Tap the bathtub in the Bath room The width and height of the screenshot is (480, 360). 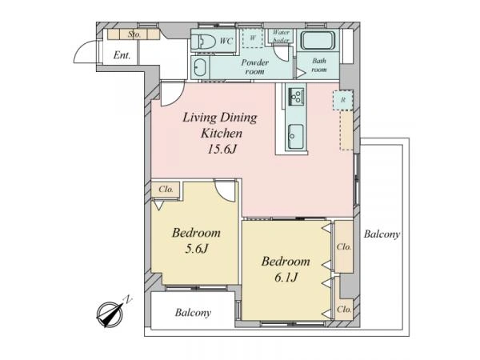[x=317, y=41]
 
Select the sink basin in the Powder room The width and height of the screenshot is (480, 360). [x=199, y=67]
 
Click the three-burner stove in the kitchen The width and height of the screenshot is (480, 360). [x=296, y=96]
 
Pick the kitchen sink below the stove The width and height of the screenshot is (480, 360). [x=296, y=136]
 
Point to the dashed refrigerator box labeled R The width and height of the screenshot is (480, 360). [x=343, y=100]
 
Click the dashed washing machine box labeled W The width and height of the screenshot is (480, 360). [x=253, y=38]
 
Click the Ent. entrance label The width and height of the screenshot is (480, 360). [x=122, y=55]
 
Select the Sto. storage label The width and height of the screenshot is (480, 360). [x=134, y=34]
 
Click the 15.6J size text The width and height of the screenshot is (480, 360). [x=222, y=150]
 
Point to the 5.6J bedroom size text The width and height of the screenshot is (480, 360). [x=196, y=249]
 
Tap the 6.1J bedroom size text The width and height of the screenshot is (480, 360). [x=286, y=278]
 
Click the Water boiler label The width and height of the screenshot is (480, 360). [x=281, y=36]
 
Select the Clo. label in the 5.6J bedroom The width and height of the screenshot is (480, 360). [x=166, y=190]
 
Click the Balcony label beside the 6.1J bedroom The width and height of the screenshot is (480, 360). [x=382, y=234]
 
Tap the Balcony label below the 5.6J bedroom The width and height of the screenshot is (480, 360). [x=193, y=313]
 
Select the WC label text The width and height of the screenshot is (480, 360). [x=226, y=41]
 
